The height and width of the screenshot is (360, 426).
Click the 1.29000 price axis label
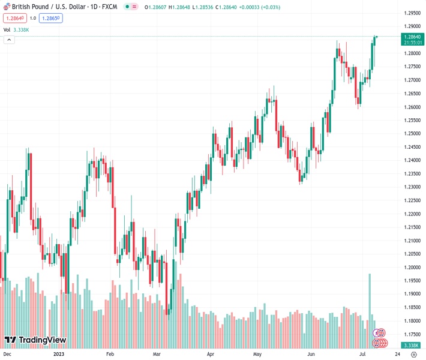(412, 26)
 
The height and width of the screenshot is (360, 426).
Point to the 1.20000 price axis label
(412, 267)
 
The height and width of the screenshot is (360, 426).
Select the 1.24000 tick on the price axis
(412, 160)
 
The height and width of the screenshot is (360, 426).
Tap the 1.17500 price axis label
(412, 334)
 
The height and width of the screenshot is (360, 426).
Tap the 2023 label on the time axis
(59, 355)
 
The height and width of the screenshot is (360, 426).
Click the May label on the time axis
(258, 355)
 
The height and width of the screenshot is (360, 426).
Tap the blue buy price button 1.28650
(50, 18)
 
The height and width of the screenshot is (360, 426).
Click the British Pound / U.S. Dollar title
(50, 7)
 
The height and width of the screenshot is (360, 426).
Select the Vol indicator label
(7, 29)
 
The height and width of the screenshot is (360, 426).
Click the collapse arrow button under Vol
(9, 40)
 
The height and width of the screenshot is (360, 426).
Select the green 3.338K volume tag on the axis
(411, 346)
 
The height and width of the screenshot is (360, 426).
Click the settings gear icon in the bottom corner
(413, 355)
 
